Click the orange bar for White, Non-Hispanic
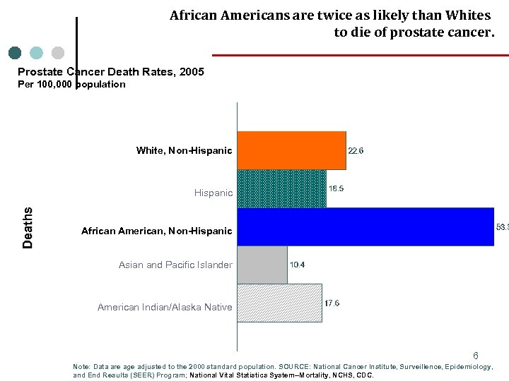tap(291, 150)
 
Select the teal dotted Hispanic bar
tap(281, 188)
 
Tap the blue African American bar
tap(365, 226)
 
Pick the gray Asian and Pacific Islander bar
tap(262, 265)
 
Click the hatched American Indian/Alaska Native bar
tap(279, 303)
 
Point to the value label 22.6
tap(356, 150)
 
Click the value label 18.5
tap(337, 188)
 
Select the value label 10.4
tap(298, 265)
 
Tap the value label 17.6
tap(332, 303)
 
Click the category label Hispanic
tap(213, 193)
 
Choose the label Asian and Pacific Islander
tap(175, 265)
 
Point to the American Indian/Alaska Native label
tap(165, 307)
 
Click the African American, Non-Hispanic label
tap(156, 231)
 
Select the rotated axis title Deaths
tap(28, 227)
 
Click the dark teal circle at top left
tap(15, 53)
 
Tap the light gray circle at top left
tap(58, 53)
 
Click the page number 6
tap(476, 356)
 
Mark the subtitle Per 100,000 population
tap(71, 84)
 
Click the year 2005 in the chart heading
tap(191, 72)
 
